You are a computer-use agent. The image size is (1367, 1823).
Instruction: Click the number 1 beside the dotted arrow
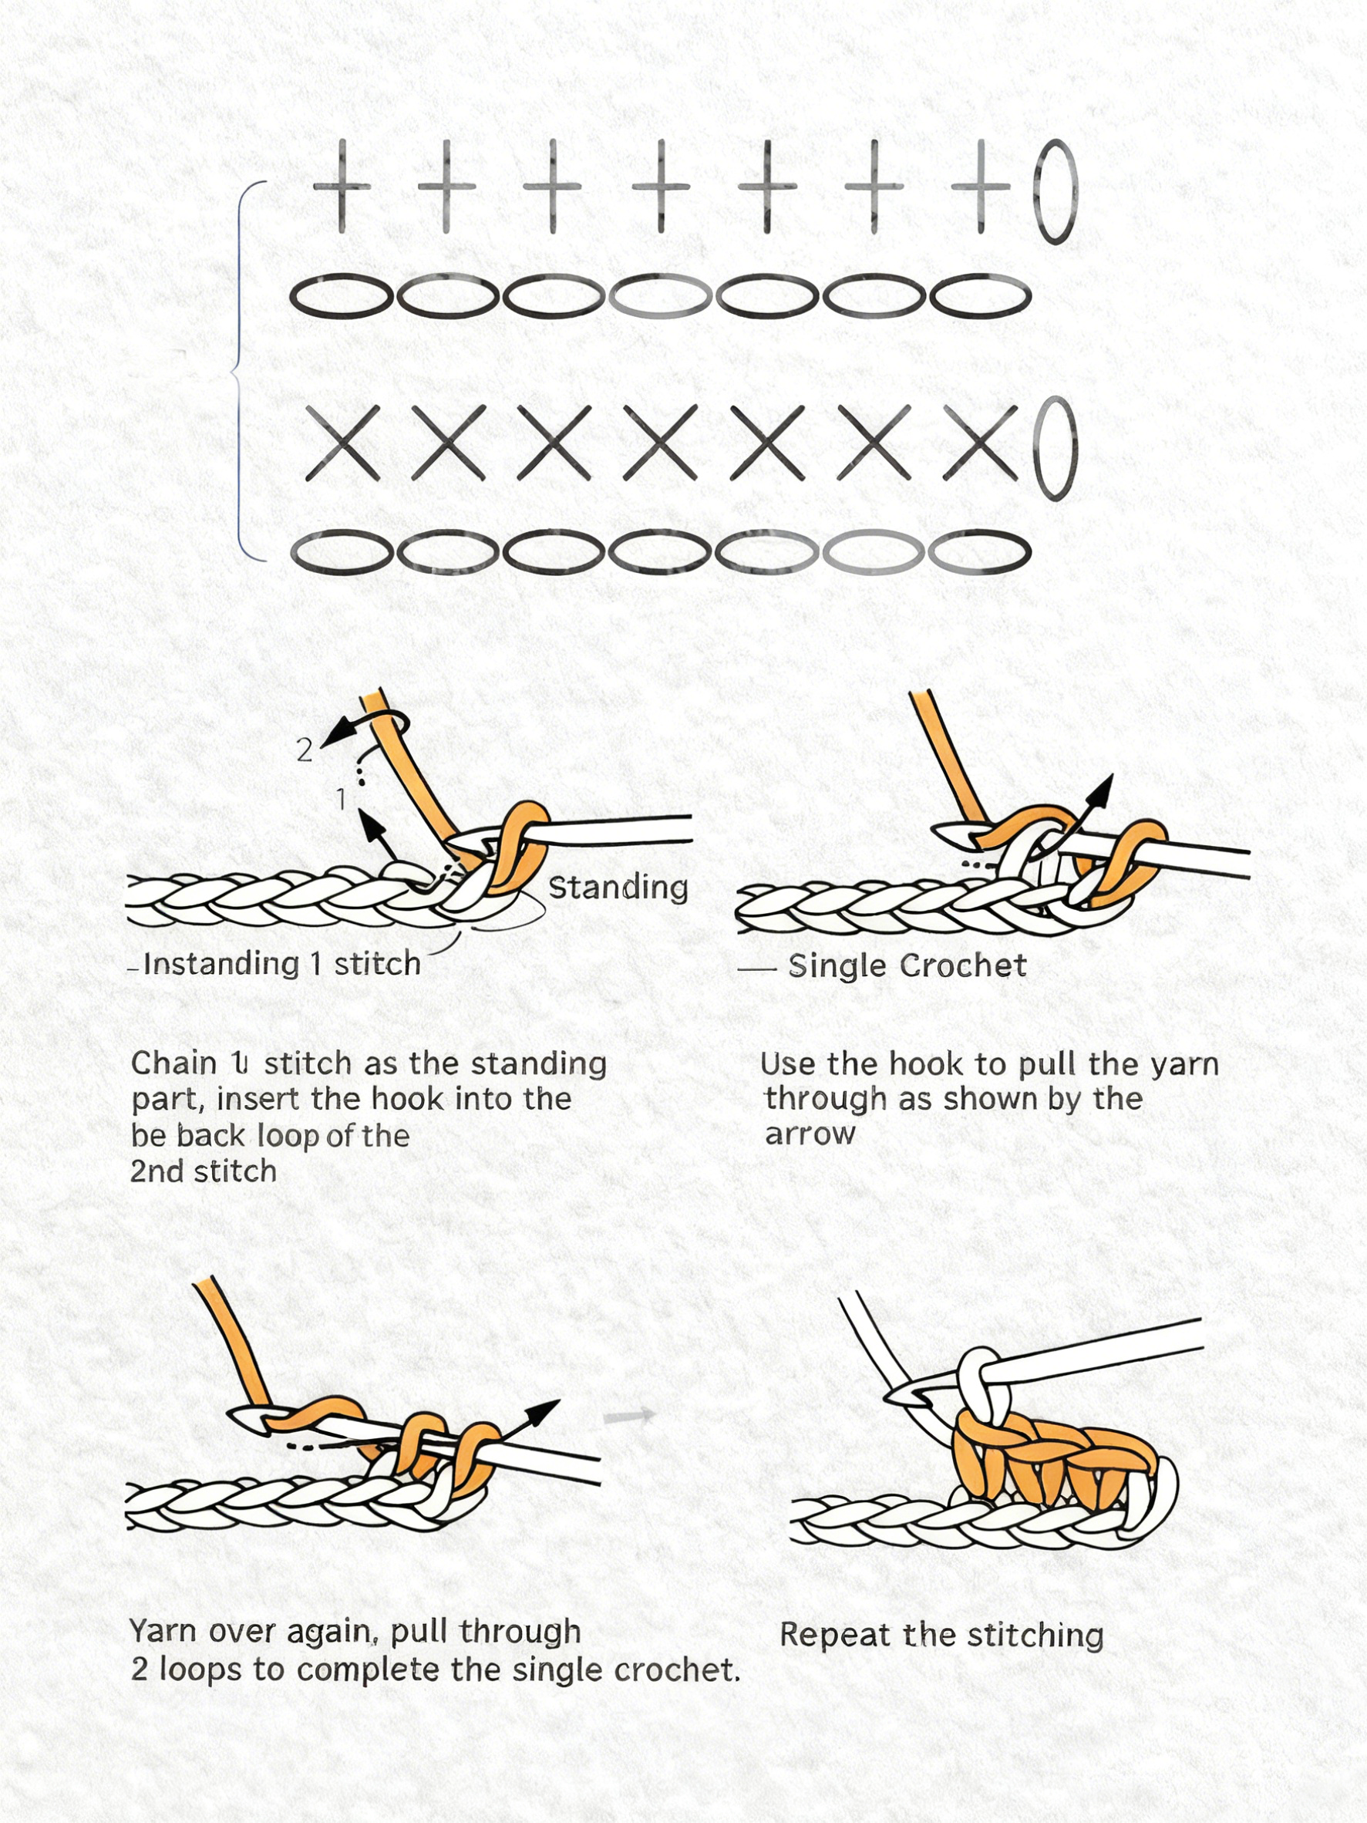[341, 799]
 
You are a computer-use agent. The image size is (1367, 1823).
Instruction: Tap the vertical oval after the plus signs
[1056, 192]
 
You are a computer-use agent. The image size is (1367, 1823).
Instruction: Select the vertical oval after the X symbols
[1056, 448]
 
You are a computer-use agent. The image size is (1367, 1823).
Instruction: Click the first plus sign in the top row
[341, 187]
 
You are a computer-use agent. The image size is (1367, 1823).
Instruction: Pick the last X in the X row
[980, 443]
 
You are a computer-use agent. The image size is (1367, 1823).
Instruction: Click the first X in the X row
[342, 443]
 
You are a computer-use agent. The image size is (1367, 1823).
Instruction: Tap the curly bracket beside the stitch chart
[240, 371]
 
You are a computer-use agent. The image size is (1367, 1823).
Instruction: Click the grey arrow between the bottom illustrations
[629, 1417]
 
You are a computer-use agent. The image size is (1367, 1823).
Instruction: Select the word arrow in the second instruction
[810, 1135]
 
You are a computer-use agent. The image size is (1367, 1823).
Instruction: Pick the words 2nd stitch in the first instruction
[204, 1171]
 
